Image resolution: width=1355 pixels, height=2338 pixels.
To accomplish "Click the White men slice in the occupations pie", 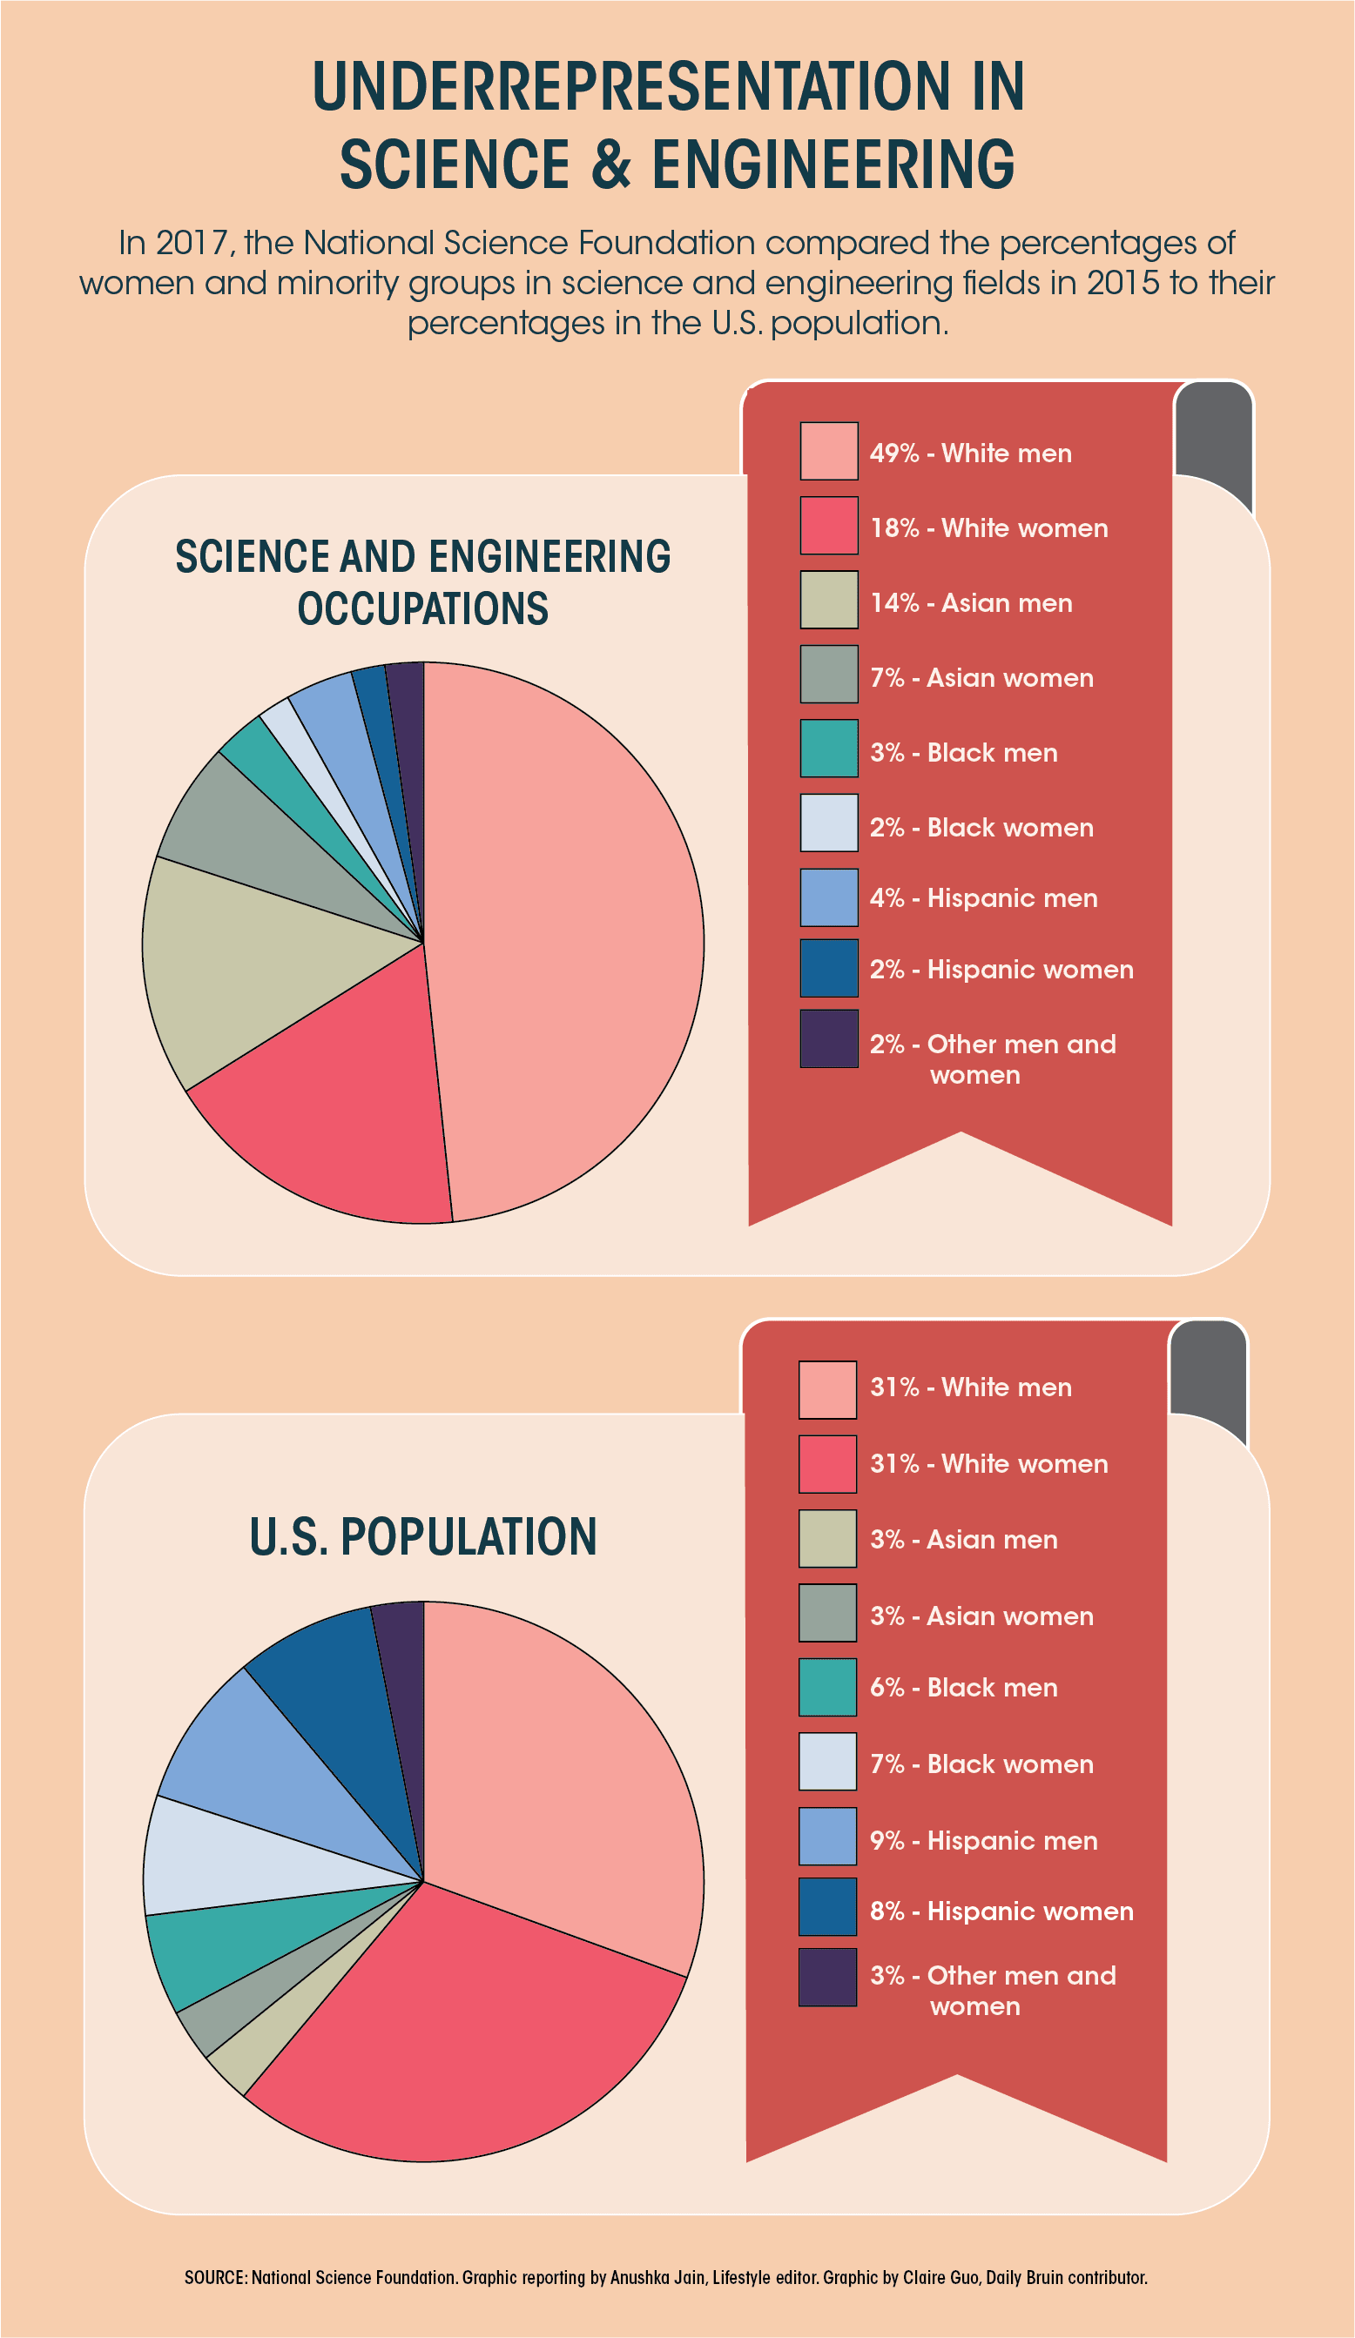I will [566, 937].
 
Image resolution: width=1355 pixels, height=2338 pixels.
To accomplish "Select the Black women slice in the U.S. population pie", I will [232, 1856].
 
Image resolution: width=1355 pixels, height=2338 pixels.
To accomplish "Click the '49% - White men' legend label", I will [970, 453].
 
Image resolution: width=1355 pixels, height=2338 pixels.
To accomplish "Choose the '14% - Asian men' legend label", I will [971, 603].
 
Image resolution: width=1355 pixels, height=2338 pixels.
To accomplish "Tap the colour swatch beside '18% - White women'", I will [829, 525].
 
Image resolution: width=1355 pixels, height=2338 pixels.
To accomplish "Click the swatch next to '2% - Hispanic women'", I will [829, 967].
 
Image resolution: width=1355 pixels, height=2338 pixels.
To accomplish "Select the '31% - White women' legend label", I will [988, 1463].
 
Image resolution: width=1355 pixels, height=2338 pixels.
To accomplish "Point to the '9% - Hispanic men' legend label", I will [984, 1840].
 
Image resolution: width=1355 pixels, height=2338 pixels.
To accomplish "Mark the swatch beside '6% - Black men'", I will [827, 1687].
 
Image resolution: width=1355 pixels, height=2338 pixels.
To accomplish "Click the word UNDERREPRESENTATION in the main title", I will [667, 87].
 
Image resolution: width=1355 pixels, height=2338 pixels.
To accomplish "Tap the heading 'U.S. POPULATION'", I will [423, 1537].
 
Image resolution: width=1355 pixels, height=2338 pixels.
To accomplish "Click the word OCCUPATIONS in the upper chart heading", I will [423, 608].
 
